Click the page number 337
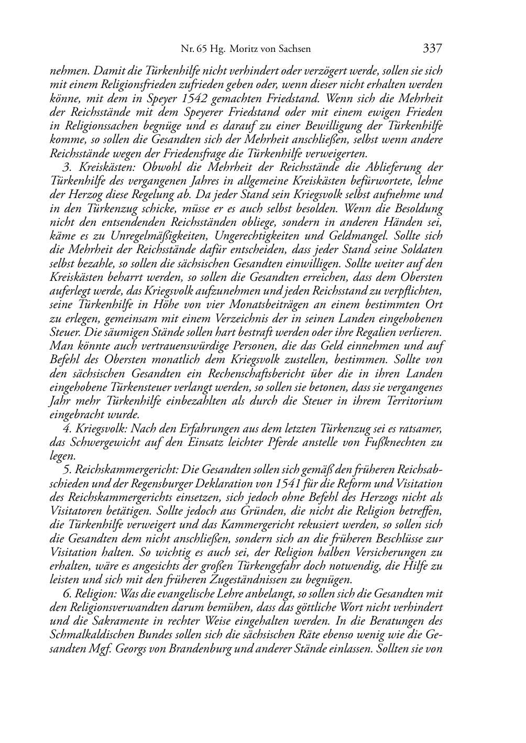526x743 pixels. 433,49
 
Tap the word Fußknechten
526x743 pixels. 392,442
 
